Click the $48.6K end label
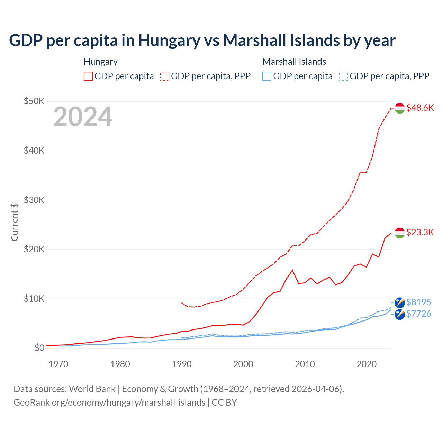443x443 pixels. point(420,108)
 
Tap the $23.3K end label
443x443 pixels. point(420,232)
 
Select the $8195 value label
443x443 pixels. point(419,302)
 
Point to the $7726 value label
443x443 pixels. point(419,314)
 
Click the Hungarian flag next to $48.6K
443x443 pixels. point(400,108)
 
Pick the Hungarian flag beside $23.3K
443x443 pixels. point(400,233)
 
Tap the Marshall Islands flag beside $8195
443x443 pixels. point(400,302)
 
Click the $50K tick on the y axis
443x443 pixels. point(34,101)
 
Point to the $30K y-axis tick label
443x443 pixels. point(34,200)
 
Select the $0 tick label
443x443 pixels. point(39,348)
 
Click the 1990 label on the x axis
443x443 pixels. point(182,364)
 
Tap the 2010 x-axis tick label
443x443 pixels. point(305,364)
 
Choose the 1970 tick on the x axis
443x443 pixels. point(58,364)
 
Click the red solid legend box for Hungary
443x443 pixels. point(88,76)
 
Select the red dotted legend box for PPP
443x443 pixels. point(165,76)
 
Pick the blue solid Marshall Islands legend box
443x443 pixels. point(267,76)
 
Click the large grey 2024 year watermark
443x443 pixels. point(83,117)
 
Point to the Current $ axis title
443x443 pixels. point(15,222)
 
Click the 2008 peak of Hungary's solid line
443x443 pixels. point(292,270)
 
